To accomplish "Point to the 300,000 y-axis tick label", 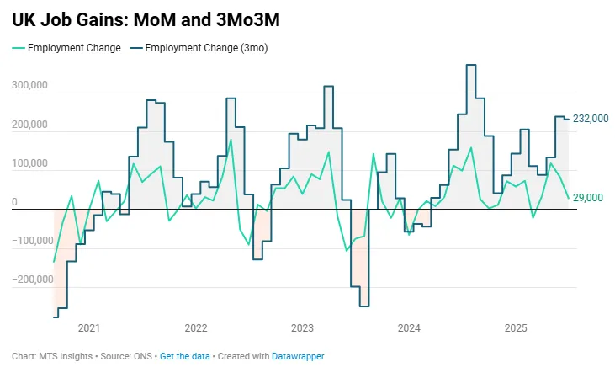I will tap(29, 86).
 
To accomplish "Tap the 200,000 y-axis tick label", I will tap(29, 125).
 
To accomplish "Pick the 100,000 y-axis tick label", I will tap(29, 164).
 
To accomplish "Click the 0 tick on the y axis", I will tap(14, 202).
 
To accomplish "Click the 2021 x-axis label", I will tap(89, 327).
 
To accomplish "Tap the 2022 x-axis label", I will tap(196, 327).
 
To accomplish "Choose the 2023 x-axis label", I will tap(302, 327).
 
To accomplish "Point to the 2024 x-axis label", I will tap(409, 327).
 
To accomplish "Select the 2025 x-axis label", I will tap(516, 327).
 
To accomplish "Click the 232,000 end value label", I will tap(591, 119).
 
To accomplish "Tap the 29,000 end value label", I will tap(588, 197).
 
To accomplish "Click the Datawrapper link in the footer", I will tap(298, 356).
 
